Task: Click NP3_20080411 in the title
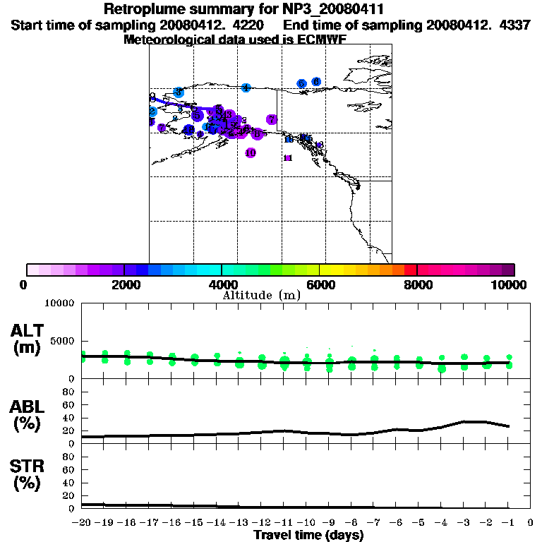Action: pos(332,9)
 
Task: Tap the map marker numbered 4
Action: pos(246,88)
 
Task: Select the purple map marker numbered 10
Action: pos(251,152)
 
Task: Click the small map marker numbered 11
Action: pos(288,157)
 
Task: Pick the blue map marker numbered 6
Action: pos(301,83)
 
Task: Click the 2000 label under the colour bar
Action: pos(124,284)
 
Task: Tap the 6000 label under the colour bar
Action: pos(320,284)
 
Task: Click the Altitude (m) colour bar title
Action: pos(261,295)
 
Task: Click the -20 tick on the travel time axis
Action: pos(83,523)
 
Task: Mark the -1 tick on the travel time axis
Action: pos(508,523)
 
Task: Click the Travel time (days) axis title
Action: pos(308,535)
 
